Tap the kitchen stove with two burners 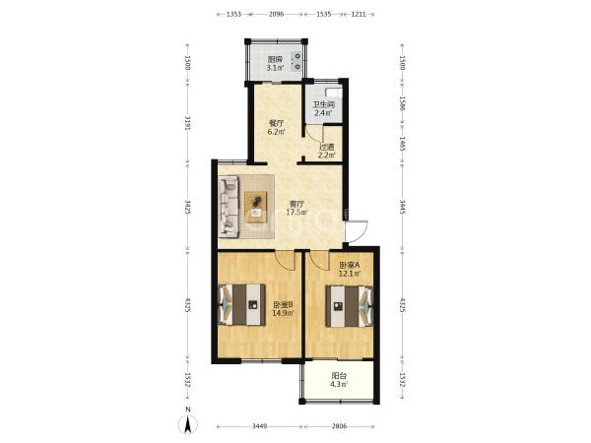click(x=297, y=61)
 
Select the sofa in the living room click(x=230, y=207)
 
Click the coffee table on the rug click(x=256, y=207)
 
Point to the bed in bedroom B click(x=241, y=304)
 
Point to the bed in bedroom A click(x=350, y=306)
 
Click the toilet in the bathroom click(x=333, y=93)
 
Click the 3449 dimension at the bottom click(x=260, y=426)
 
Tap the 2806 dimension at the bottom click(x=339, y=426)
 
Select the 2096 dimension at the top click(x=276, y=15)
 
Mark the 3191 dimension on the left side click(x=188, y=124)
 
